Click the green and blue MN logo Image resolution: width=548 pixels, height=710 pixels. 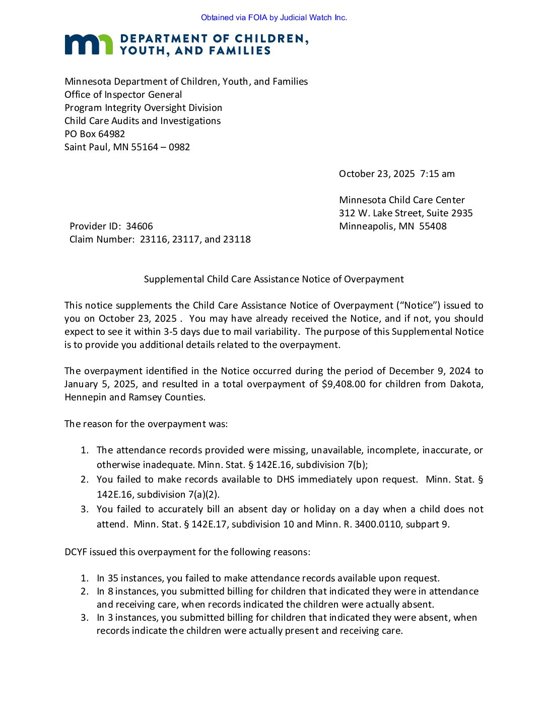pos(88,44)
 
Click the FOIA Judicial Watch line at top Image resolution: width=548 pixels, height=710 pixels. pos(274,18)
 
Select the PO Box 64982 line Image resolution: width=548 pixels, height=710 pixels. pos(95,134)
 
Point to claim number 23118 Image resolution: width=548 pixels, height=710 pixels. pos(236,240)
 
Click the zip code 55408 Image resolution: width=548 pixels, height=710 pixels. pos(433,226)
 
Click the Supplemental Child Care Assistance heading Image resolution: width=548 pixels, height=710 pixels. pos(273,279)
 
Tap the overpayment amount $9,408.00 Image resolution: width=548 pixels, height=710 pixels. pos(344,384)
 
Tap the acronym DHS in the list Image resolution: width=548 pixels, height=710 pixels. pos(286,480)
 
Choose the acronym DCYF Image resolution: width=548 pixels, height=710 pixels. pos(77,552)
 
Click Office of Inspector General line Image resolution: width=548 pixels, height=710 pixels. pos(123,95)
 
